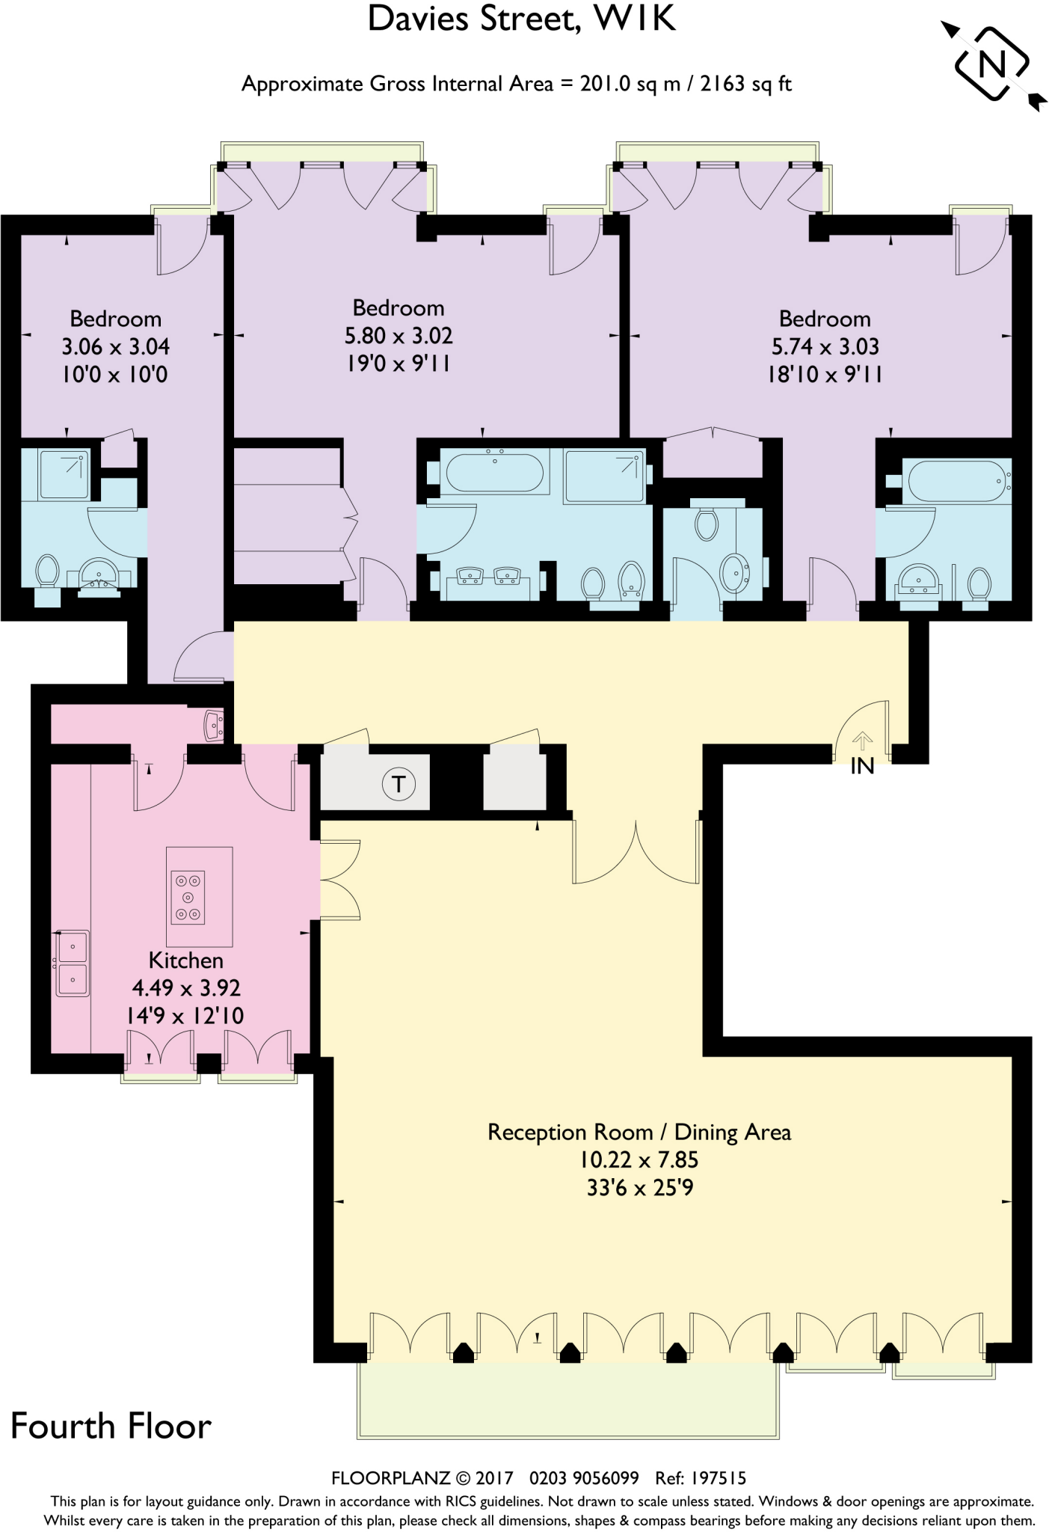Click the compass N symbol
tap(992, 64)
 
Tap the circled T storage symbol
tap(399, 784)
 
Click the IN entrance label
tap(862, 766)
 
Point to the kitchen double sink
tap(73, 963)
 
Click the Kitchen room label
tap(185, 960)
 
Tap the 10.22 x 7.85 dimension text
tap(639, 1159)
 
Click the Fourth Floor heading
tap(111, 1427)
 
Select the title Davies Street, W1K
tap(522, 19)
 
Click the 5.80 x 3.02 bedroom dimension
tap(399, 336)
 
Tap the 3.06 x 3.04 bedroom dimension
tap(115, 346)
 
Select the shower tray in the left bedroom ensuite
tap(64, 474)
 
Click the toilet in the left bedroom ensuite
tap(47, 573)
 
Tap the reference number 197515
tap(719, 1478)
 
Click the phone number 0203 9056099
tap(584, 1478)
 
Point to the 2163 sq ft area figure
tap(745, 84)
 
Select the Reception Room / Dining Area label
tap(639, 1132)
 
